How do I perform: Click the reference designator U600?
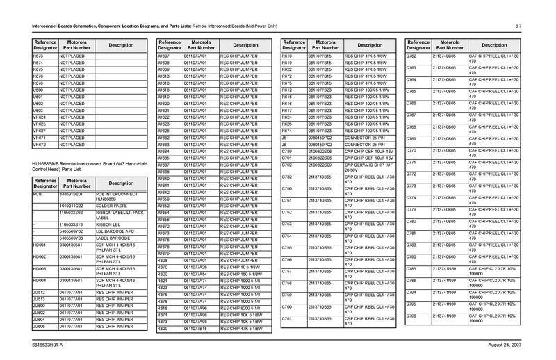40,90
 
